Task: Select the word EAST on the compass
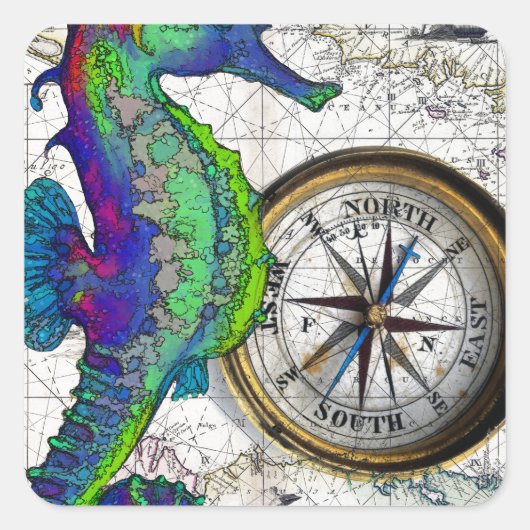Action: tap(476, 333)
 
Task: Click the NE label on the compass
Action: tap(457, 246)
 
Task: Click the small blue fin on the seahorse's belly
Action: tap(191, 379)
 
